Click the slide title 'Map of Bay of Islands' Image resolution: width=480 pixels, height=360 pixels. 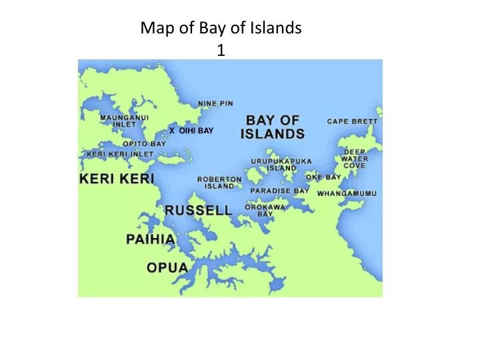(221, 29)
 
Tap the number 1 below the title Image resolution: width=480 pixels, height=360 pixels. (221, 49)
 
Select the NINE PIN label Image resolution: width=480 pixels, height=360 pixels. (215, 103)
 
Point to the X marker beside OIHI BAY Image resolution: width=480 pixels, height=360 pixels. (171, 131)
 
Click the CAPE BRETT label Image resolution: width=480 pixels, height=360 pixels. (352, 121)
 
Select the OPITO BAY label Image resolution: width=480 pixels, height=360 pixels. (144, 143)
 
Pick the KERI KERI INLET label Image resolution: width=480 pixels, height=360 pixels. (120, 154)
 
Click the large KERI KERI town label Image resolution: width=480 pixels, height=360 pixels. (117, 179)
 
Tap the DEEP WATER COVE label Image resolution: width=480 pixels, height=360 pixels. (354, 158)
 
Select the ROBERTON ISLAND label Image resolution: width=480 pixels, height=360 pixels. (219, 183)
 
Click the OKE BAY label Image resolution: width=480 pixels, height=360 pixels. (323, 177)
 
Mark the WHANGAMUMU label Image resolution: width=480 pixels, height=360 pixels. (347, 193)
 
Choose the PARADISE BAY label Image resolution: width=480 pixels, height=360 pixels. (279, 191)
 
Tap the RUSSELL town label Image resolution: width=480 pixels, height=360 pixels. (199, 210)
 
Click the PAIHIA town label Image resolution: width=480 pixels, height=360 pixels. (151, 239)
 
